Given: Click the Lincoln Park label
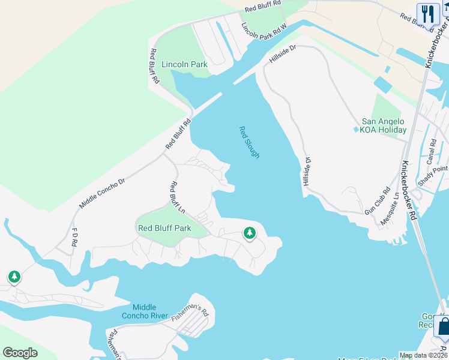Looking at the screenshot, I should [x=184, y=64].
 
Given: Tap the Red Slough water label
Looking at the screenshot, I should [x=250, y=142].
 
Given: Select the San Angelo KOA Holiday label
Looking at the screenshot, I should [x=384, y=125].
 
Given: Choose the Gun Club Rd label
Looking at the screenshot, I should [x=376, y=204].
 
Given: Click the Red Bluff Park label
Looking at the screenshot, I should [x=164, y=228].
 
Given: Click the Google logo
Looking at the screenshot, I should [x=20, y=353].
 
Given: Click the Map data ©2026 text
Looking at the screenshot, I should [x=423, y=355].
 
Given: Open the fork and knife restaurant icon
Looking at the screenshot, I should [x=428, y=14].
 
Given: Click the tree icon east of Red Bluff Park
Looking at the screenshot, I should [x=250, y=233].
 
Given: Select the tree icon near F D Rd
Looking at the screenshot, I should [x=14, y=277].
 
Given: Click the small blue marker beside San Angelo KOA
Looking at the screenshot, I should [x=356, y=130].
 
